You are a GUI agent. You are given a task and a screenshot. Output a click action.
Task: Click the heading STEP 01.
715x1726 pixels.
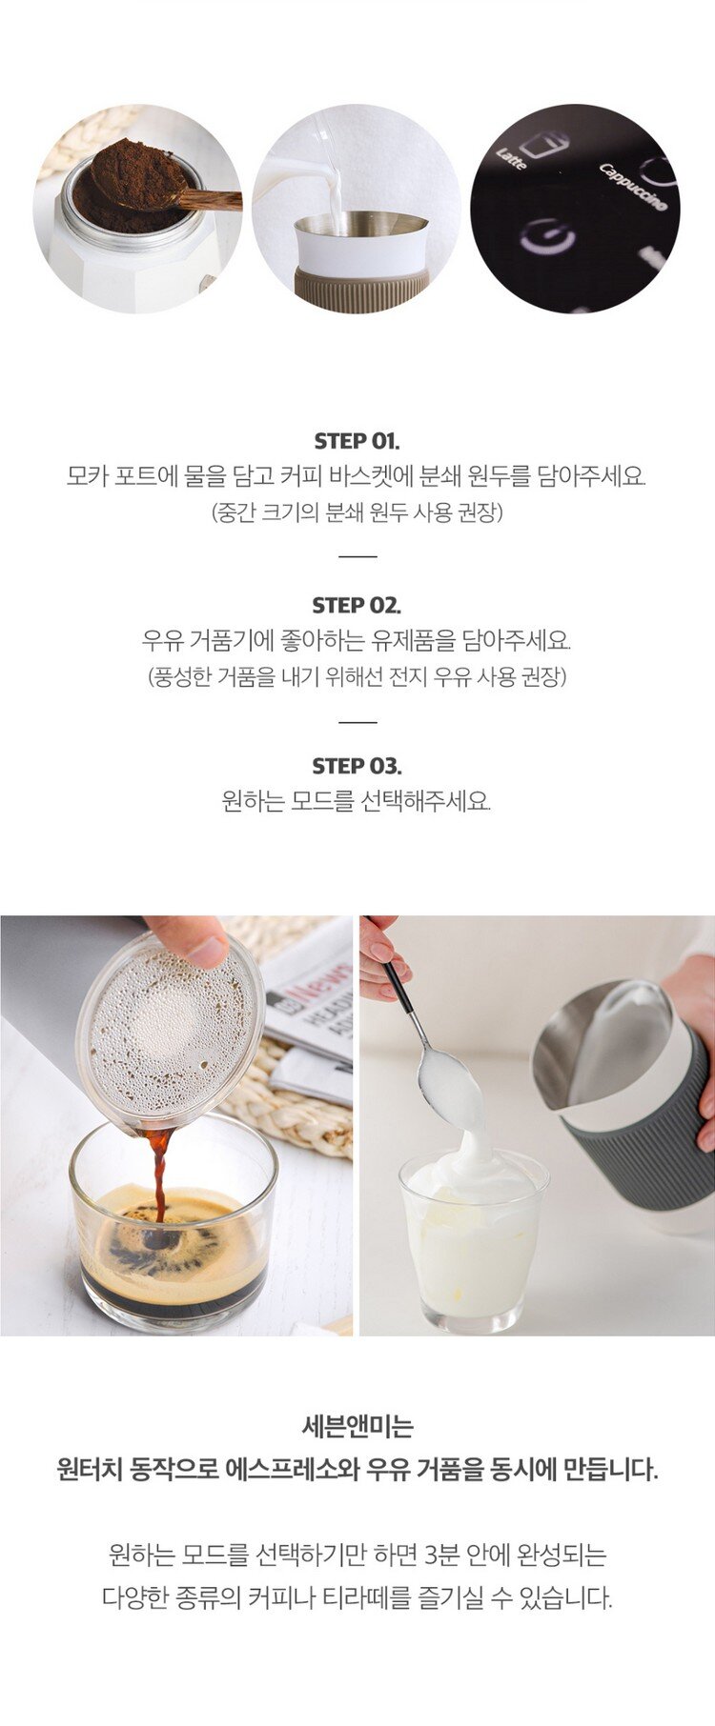[x=357, y=441]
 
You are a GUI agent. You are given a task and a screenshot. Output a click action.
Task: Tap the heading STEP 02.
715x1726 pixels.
[x=357, y=605]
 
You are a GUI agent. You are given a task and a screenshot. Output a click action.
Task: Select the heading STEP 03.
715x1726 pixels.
[x=357, y=766]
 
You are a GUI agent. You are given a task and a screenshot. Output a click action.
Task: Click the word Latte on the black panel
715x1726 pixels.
[x=511, y=158]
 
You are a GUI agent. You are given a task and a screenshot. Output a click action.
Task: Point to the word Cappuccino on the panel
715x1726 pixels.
[x=633, y=187]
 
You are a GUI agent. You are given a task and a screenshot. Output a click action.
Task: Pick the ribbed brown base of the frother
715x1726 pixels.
[x=360, y=287]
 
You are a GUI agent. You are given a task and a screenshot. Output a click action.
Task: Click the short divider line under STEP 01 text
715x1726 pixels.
[x=357, y=556]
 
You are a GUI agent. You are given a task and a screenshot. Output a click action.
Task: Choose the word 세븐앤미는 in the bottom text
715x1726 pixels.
[x=357, y=1427]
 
